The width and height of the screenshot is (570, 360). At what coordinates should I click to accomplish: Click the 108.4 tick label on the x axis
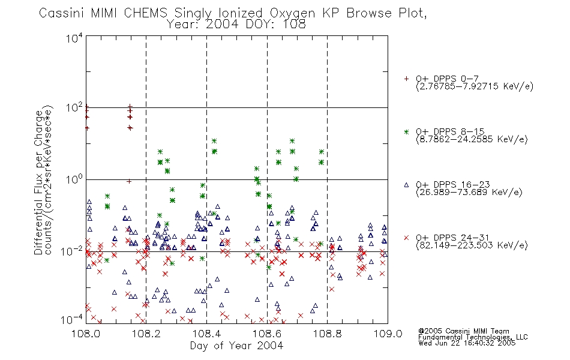coord(206,334)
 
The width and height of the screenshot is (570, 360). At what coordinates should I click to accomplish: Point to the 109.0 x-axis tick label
coord(388,334)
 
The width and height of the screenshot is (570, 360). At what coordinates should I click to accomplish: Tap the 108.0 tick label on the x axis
coord(86,334)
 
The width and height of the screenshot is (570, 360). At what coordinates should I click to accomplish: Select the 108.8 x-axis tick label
coord(327,334)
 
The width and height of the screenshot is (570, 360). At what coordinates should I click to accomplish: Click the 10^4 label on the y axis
coord(74,38)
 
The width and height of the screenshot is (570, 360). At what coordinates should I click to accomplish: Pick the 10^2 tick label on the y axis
coord(74,108)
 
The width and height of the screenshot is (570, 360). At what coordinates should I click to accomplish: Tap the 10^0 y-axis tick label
coord(74,179)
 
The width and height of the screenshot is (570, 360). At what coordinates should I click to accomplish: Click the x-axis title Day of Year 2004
coord(236,346)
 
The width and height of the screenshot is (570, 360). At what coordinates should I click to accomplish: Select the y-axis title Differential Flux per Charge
coord(38,183)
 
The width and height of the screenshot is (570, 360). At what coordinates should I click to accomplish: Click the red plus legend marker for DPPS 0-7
coord(406,79)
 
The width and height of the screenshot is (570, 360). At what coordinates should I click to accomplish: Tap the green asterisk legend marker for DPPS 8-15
coord(406,132)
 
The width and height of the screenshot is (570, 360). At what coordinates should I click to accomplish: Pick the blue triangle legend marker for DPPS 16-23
coord(406,185)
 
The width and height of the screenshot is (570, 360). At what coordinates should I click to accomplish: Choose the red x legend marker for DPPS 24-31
coord(406,238)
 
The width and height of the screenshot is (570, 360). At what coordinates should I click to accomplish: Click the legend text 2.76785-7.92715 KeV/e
coord(475,86)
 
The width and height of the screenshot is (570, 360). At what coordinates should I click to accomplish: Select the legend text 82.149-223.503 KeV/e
coord(472,245)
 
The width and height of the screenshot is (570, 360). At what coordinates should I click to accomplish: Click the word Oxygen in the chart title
coord(292,13)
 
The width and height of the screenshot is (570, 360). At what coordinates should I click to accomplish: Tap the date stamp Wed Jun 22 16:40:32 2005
coord(467,343)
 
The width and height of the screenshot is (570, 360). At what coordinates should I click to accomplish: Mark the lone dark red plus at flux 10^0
coord(128,181)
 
